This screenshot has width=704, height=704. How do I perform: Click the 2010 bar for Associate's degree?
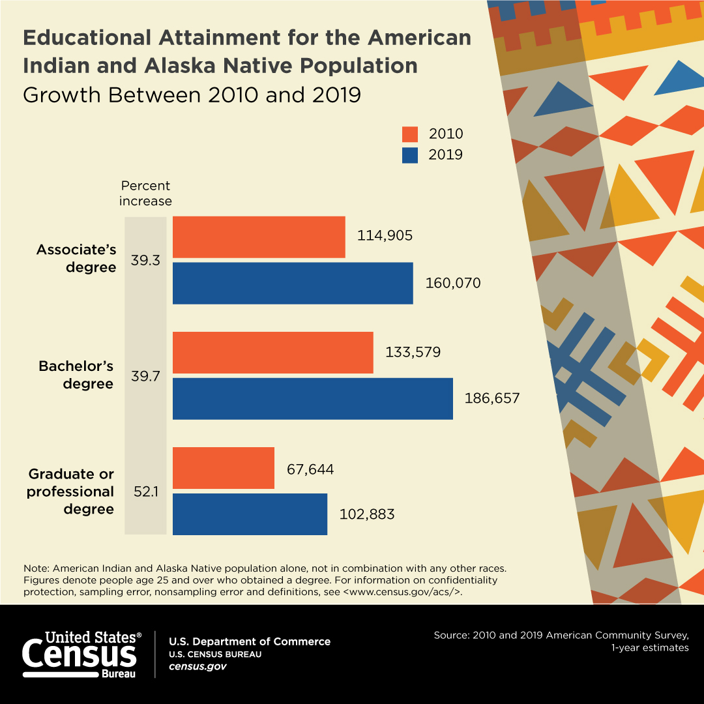click(x=259, y=237)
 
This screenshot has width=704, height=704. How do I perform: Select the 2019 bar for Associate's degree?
click(x=293, y=283)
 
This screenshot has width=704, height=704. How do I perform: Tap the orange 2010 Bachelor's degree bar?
click(x=272, y=353)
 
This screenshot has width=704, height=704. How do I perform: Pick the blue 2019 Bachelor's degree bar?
click(x=312, y=398)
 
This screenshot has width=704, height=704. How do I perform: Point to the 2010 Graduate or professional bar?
click(x=223, y=468)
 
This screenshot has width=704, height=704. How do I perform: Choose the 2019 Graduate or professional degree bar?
click(x=250, y=514)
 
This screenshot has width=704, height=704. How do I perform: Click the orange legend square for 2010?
click(x=410, y=134)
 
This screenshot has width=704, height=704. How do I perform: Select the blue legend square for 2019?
click(x=410, y=155)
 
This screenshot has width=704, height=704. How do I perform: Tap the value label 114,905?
click(x=385, y=236)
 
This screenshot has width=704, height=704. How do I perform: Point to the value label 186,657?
click(x=492, y=398)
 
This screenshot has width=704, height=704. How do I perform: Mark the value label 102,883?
click(x=367, y=514)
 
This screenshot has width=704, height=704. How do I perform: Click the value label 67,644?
click(x=310, y=469)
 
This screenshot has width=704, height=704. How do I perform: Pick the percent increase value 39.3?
click(x=145, y=260)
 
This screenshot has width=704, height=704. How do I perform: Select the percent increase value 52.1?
click(x=145, y=491)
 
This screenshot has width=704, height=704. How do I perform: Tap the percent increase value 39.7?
click(x=145, y=376)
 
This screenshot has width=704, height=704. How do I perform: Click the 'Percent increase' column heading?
click(x=145, y=194)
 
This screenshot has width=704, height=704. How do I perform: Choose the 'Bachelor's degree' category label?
click(x=76, y=375)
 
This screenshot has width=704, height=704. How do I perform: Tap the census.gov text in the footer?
click(x=198, y=667)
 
